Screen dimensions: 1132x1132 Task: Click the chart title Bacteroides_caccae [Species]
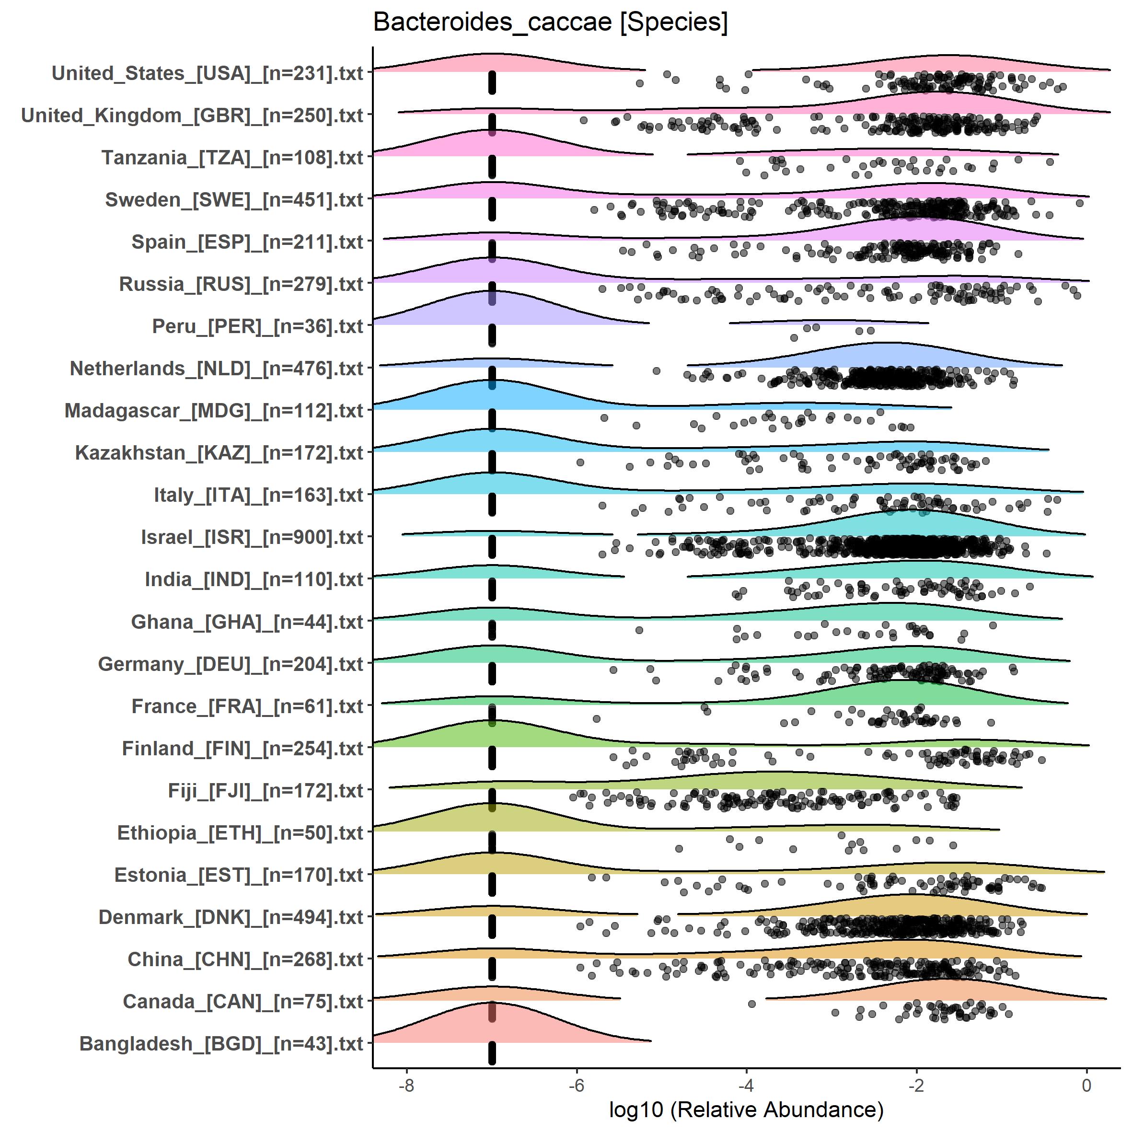[550, 23]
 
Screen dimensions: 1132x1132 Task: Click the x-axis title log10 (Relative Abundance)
[746, 1109]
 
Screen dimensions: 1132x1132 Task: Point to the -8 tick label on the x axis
[406, 1085]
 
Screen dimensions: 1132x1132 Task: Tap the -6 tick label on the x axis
[576, 1085]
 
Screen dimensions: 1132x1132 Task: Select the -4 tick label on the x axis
[746, 1085]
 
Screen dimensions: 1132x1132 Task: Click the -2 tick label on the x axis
[916, 1085]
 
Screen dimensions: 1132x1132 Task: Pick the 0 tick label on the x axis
[1086, 1085]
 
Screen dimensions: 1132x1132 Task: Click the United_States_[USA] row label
[208, 73]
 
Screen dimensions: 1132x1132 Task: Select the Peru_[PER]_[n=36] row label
[258, 326]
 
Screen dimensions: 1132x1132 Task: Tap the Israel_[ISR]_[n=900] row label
[252, 537]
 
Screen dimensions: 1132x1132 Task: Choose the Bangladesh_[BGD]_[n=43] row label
[221, 1043]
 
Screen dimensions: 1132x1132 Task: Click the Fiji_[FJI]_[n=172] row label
[266, 790]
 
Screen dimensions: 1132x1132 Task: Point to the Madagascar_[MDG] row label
[214, 411]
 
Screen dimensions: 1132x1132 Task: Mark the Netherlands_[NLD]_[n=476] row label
[216, 369]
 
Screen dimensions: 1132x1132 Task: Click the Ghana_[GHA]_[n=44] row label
[247, 622]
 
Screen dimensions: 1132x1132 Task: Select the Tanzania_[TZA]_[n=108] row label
[232, 158]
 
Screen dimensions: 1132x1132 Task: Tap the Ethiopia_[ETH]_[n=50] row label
[240, 832]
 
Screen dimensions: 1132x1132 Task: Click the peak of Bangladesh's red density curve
[491, 1003]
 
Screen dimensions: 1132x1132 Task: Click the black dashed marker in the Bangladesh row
[492, 1053]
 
